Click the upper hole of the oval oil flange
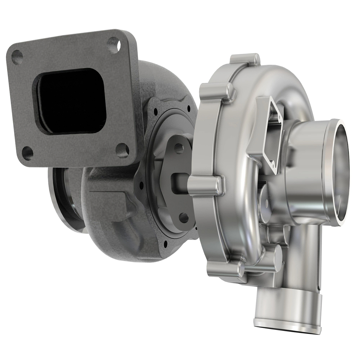click(179, 146)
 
